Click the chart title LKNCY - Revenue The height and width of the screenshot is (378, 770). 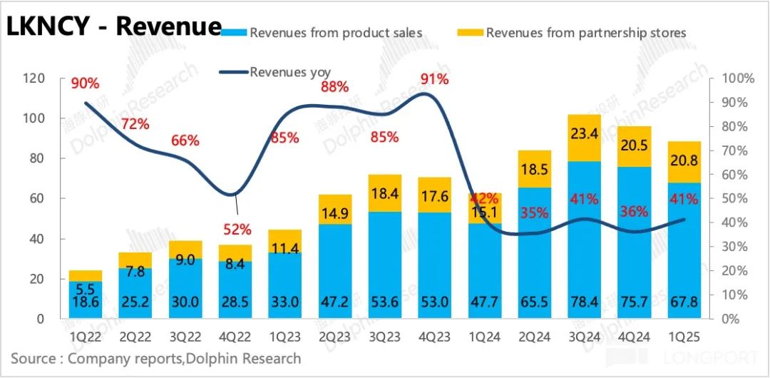tap(114, 26)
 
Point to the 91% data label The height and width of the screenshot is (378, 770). tap(434, 79)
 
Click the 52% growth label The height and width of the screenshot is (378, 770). tap(237, 230)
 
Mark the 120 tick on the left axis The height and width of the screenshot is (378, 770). tap(34, 78)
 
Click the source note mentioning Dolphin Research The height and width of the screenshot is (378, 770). tap(156, 358)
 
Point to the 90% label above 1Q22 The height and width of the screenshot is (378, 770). tap(85, 83)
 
